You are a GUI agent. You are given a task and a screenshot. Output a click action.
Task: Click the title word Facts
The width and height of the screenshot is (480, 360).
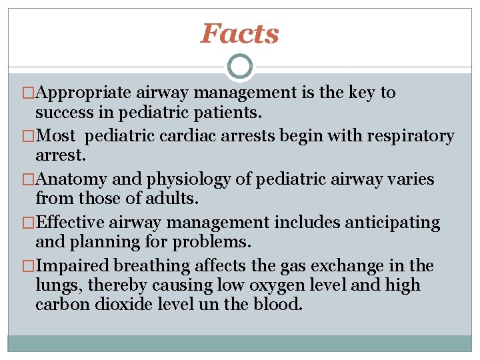click(x=240, y=33)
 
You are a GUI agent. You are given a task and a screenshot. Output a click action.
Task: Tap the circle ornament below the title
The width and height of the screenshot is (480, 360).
click(x=240, y=67)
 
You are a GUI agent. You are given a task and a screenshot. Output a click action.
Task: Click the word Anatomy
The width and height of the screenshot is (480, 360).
click(x=71, y=180)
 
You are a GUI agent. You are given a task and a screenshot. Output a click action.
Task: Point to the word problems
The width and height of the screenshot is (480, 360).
click(x=211, y=241)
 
